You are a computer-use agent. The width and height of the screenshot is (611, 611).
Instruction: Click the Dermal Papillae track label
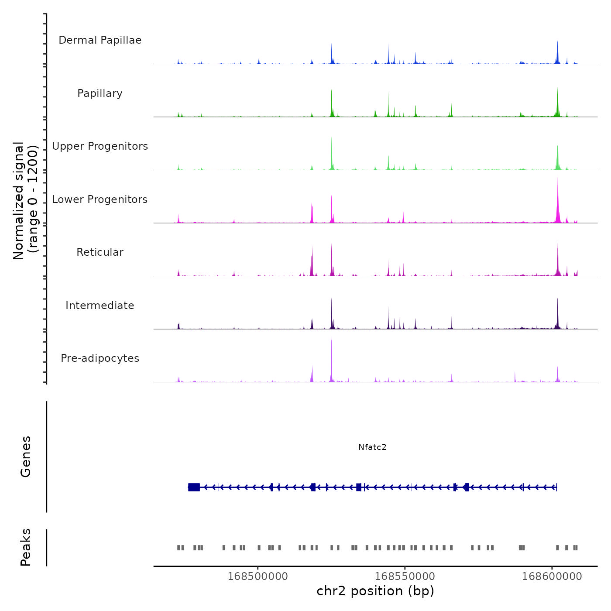click(100, 40)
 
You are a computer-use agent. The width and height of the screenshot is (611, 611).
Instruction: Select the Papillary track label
click(100, 93)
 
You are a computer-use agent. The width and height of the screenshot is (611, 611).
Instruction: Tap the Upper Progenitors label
click(100, 146)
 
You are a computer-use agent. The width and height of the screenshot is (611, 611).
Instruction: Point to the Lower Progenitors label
click(100, 199)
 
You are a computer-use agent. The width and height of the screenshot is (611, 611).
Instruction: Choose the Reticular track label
click(100, 252)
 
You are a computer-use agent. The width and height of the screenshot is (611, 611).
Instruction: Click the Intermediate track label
click(100, 305)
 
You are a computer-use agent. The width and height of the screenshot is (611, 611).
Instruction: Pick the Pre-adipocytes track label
click(100, 358)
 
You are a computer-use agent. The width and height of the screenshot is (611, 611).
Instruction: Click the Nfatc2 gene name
click(372, 447)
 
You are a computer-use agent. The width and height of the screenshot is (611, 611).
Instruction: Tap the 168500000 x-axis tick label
click(258, 577)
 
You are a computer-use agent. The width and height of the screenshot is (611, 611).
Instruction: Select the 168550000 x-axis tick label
click(405, 577)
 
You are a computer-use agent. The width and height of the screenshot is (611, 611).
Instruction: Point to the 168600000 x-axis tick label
click(552, 577)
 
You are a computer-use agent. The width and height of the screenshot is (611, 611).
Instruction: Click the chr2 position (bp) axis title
click(375, 591)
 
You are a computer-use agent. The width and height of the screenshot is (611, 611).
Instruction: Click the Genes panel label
click(26, 457)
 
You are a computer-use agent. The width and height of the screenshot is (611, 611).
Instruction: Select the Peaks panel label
click(26, 547)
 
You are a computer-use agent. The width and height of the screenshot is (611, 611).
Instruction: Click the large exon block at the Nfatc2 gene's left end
click(194, 487)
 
